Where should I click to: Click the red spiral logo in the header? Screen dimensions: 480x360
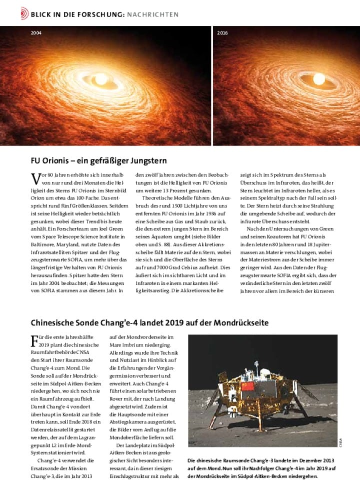point(24,14)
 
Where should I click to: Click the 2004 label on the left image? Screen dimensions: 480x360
point(36,32)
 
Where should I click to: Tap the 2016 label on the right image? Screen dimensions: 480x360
point(222,32)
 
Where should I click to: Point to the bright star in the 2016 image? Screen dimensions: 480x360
point(318,78)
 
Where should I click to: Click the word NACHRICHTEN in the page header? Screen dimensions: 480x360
point(152,14)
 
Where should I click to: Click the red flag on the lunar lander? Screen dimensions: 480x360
point(247,386)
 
